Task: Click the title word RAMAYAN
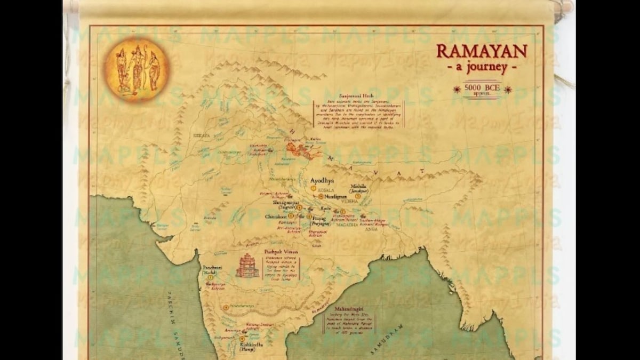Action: click(482, 51)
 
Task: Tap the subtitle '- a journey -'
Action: click(482, 68)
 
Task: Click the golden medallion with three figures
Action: click(137, 69)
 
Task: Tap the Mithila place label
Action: click(358, 187)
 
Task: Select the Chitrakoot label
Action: click(276, 217)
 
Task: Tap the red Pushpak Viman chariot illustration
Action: click(247, 266)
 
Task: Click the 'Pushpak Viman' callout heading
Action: click(281, 252)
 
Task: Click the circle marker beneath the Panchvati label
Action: click(210, 277)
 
